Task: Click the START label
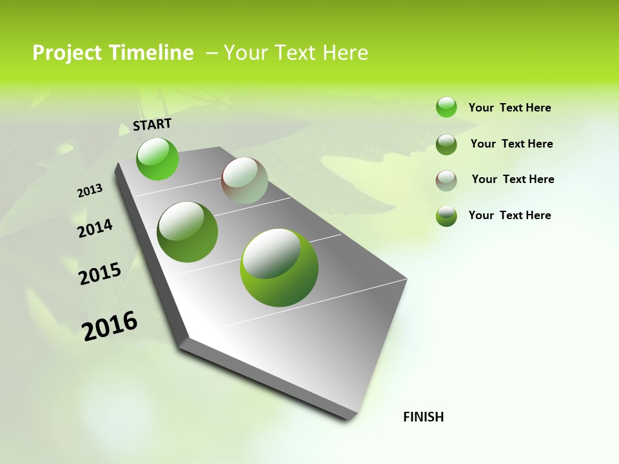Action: [x=152, y=124]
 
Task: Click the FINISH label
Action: [x=423, y=417]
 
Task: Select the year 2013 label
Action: [x=90, y=190]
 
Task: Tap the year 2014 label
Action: [x=95, y=228]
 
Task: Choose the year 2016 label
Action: [x=110, y=325]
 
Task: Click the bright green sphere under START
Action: [x=157, y=159]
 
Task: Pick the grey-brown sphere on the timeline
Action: [x=244, y=180]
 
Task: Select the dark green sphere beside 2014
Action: [x=187, y=232]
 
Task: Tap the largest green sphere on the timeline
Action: [x=279, y=267]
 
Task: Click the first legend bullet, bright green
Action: [x=446, y=107]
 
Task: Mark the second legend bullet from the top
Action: [x=446, y=144]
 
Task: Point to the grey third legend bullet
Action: [x=446, y=180]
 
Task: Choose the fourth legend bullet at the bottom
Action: [x=446, y=216]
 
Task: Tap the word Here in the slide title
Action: [x=345, y=53]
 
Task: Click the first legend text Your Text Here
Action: [x=509, y=108]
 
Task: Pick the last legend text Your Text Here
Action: [x=509, y=215]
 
